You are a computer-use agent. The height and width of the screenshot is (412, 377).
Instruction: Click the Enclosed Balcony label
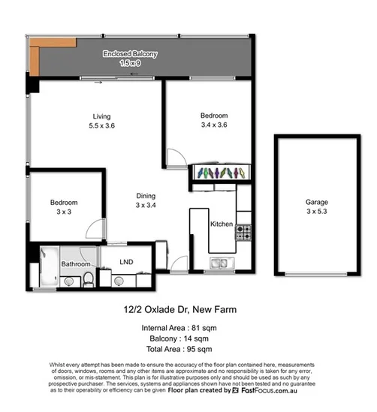click(131, 54)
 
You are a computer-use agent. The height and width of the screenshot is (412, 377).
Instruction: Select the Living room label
click(101, 116)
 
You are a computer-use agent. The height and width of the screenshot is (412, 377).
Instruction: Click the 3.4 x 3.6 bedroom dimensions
click(214, 125)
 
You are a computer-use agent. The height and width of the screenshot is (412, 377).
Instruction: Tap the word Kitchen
click(221, 224)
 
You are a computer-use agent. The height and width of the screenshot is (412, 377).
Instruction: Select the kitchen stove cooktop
click(243, 233)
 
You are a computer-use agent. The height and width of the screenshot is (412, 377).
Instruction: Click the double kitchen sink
click(220, 263)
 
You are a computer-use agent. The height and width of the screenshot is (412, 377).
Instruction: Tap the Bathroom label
click(76, 264)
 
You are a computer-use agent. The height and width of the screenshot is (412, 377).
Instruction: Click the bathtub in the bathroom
click(45, 266)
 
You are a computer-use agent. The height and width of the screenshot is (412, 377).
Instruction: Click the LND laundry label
click(127, 262)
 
